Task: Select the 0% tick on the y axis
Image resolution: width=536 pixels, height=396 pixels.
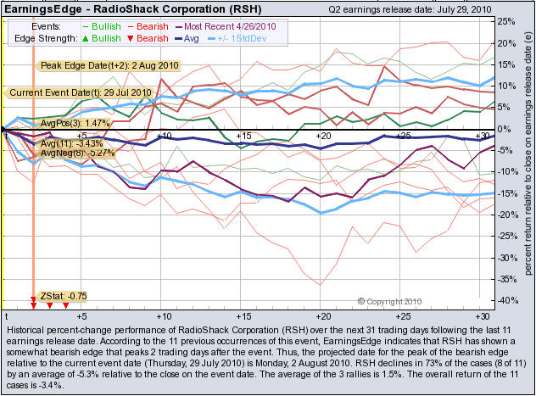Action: click(x=501, y=129)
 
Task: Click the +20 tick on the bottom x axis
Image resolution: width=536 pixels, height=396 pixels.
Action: click(x=322, y=315)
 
